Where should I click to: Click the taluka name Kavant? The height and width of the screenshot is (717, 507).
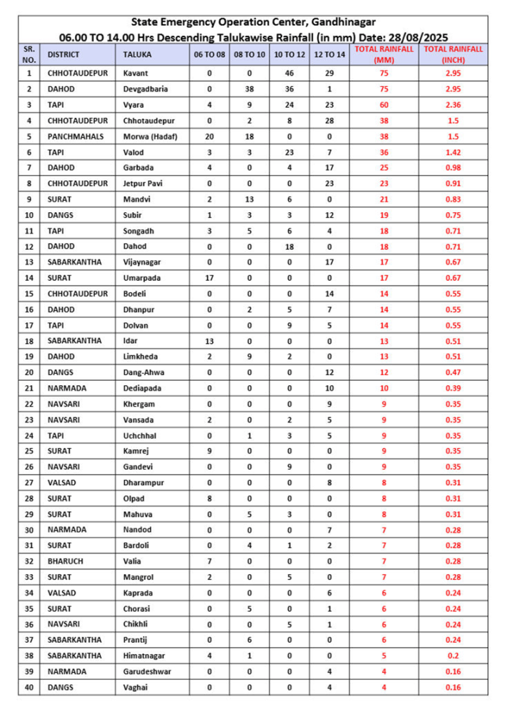137,73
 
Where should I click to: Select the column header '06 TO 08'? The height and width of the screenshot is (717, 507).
210,54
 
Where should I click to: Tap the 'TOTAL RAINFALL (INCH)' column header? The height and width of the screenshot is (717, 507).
453,54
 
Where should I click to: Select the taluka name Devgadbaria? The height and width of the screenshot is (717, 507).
146,89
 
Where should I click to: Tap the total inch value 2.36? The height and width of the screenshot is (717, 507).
453,105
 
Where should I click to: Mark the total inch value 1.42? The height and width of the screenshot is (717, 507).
453,152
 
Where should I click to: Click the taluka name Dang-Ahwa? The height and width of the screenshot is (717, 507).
144,372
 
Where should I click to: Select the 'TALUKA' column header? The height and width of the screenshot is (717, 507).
136,54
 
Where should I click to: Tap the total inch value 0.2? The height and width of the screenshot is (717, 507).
453,655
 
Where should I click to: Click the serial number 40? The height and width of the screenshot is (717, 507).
29,687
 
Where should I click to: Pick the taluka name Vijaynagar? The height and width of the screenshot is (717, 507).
144,262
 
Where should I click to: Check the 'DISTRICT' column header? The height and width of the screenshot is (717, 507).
64,54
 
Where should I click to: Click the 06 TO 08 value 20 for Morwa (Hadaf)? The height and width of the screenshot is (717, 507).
210,137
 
